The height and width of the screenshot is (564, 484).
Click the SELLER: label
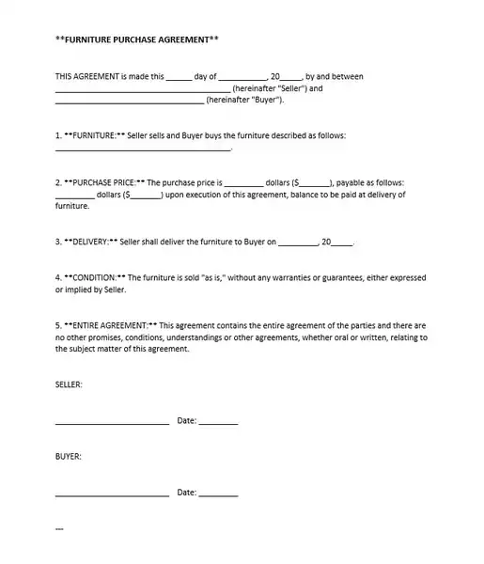(70, 384)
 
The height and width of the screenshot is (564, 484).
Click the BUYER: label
(69, 456)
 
